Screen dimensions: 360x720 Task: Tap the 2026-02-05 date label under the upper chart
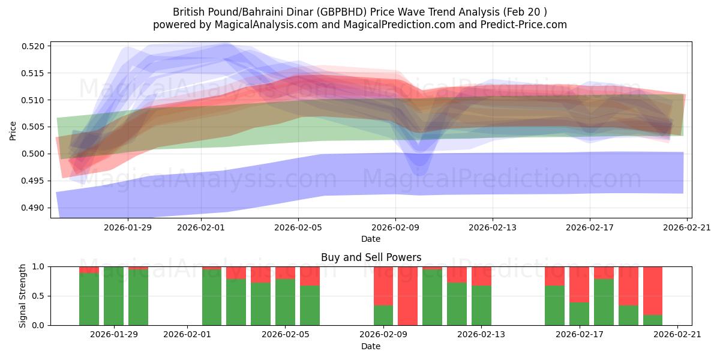(x=298, y=227)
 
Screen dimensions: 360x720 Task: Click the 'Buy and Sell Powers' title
(x=371, y=257)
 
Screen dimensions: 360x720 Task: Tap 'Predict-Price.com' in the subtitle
(x=526, y=25)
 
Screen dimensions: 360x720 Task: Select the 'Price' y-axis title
(x=13, y=130)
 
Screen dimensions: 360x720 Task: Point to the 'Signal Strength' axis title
(x=22, y=296)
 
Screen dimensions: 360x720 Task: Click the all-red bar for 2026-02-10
(x=407, y=296)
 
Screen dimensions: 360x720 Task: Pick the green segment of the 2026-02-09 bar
(x=383, y=315)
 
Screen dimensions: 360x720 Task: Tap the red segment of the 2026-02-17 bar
(x=579, y=284)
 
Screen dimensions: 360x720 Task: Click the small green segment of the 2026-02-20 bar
(x=653, y=320)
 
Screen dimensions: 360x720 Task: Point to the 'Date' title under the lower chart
(x=371, y=346)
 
